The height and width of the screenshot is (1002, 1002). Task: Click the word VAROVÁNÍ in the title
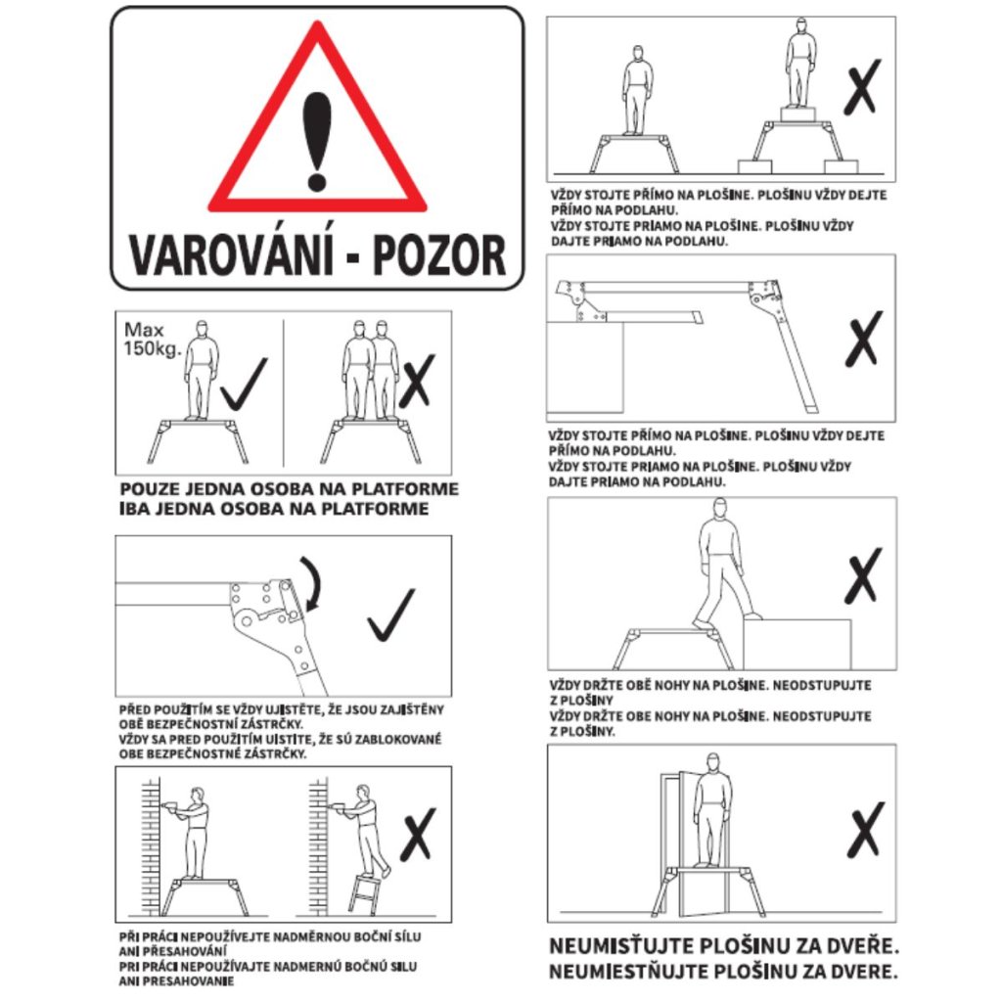tap(231, 255)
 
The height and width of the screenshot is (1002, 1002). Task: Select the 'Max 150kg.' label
tap(152, 340)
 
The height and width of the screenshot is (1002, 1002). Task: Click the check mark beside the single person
tap(244, 384)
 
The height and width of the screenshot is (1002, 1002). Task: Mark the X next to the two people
tap(417, 382)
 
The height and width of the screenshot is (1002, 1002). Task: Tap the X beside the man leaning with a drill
tap(418, 835)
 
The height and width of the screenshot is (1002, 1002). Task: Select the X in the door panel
tap(866, 830)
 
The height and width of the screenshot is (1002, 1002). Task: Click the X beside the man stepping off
tap(863, 575)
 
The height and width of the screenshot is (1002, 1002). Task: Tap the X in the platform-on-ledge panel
tap(864, 340)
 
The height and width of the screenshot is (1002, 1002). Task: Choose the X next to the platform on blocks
tap(863, 87)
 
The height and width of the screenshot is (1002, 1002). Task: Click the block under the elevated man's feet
tap(798, 114)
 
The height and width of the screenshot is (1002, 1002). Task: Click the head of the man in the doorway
tap(713, 761)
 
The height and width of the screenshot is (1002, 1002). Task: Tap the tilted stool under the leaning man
tap(365, 893)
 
